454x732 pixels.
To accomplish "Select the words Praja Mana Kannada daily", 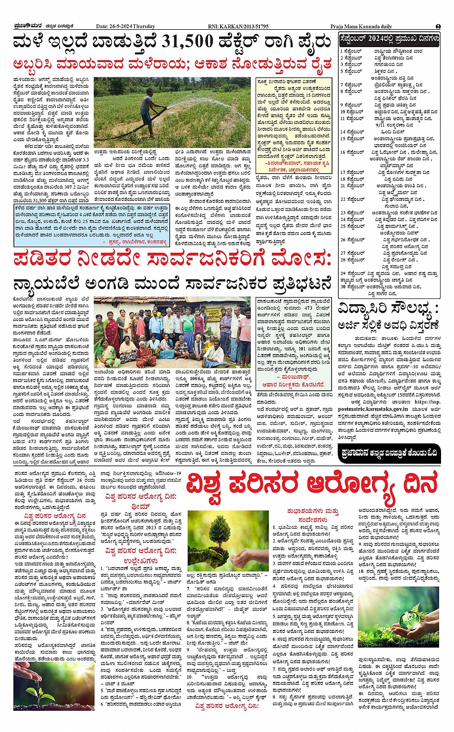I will [x=361, y=26].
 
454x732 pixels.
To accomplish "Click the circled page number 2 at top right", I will [x=438, y=26].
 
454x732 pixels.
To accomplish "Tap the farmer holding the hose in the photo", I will [x=147, y=108].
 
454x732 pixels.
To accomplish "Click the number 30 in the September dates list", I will [x=343, y=287].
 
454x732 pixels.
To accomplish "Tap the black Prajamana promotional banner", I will [x=388, y=452].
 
